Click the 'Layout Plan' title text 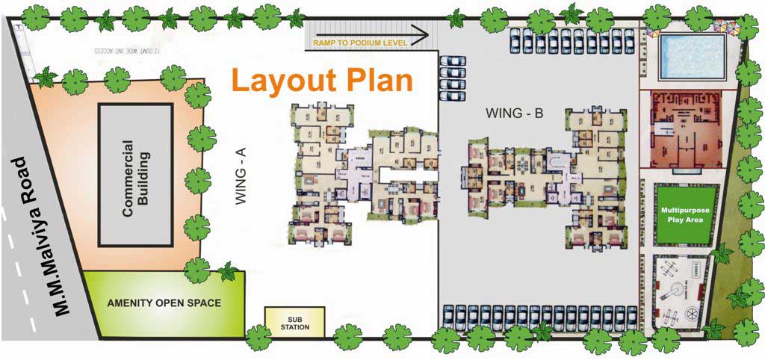click(x=322, y=80)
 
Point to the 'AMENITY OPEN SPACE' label click(x=164, y=302)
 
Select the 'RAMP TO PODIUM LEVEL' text click(x=359, y=43)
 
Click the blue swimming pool click(x=693, y=56)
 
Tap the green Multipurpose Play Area click(x=684, y=216)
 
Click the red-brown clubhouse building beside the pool click(x=681, y=130)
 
